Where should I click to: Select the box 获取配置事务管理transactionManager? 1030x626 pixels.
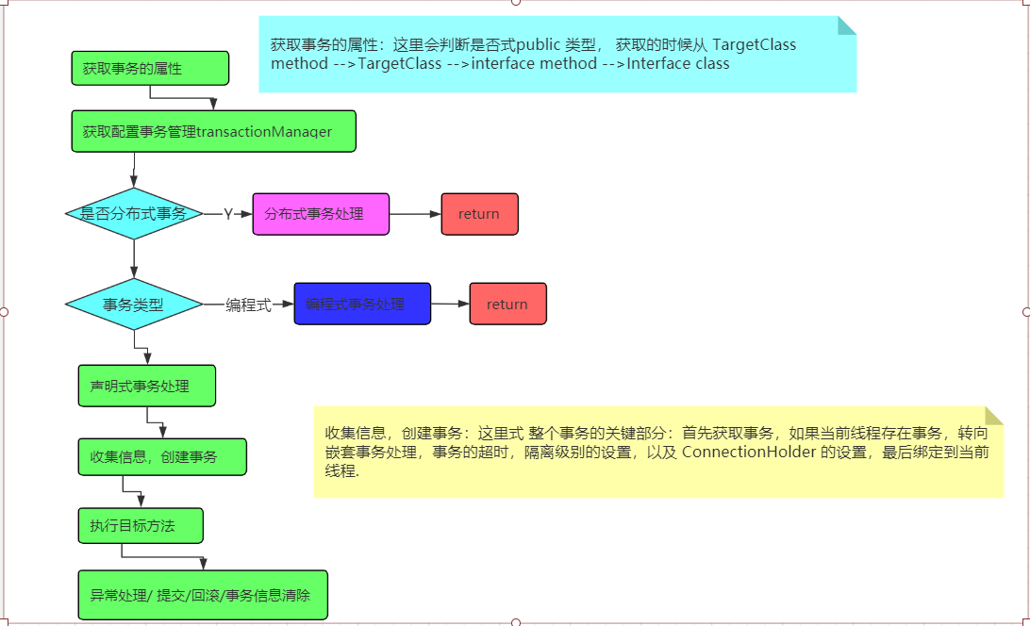[213, 131]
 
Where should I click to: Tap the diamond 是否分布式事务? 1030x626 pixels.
[134, 214]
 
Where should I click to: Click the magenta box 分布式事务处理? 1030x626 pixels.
[321, 214]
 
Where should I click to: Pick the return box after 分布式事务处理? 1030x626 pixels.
[479, 214]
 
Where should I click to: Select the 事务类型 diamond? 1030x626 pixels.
[134, 305]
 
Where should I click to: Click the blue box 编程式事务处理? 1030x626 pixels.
[362, 304]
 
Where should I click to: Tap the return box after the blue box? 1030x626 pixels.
[507, 304]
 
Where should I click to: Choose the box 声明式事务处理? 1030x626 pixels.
[146, 386]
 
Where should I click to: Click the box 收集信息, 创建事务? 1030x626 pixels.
[161, 456]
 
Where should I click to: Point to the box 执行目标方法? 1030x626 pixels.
[140, 525]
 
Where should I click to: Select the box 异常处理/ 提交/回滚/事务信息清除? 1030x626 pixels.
[202, 595]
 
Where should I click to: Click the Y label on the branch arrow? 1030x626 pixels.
[227, 214]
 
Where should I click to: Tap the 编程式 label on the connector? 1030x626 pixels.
[248, 305]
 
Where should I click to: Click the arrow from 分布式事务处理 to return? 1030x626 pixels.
[415, 214]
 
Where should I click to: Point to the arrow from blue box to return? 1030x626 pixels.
[450, 304]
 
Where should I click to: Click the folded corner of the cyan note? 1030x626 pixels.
[846, 25]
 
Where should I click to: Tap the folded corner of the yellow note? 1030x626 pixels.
[993, 416]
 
